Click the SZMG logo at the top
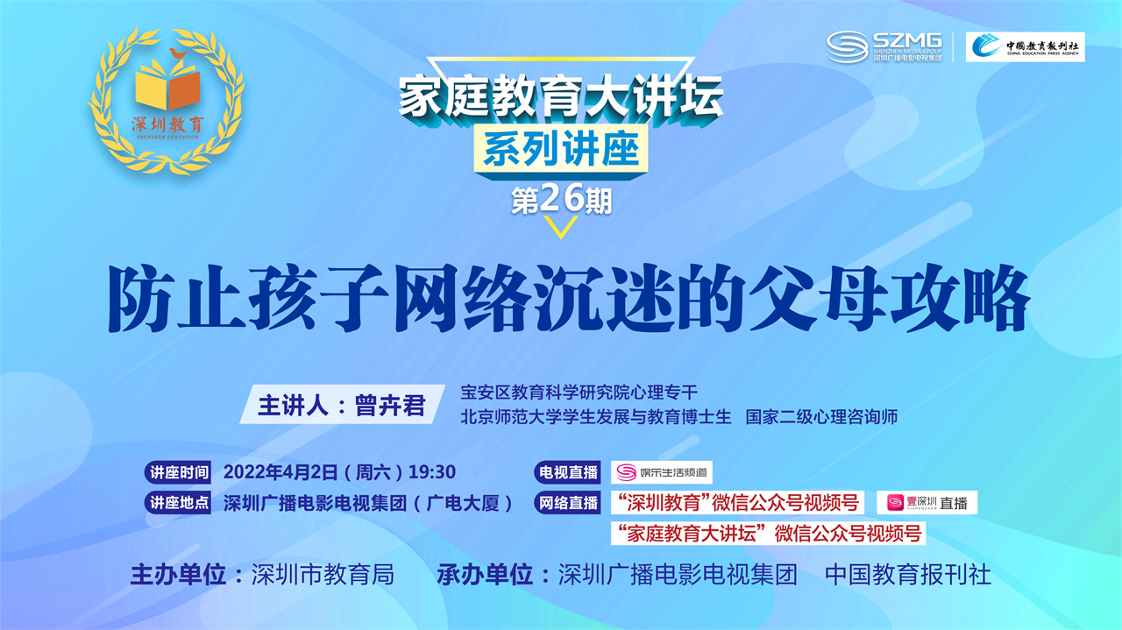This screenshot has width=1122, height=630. pyautogui.click(x=884, y=47)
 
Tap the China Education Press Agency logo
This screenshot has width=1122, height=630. pyautogui.click(x=1025, y=47)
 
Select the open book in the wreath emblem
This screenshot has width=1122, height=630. pyautogui.click(x=167, y=85)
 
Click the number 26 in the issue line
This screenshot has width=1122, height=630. pyautogui.click(x=562, y=198)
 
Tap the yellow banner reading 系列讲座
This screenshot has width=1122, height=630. pyautogui.click(x=562, y=150)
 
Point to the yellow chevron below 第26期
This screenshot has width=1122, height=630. pyautogui.click(x=561, y=227)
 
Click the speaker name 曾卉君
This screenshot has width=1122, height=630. pyautogui.click(x=390, y=405)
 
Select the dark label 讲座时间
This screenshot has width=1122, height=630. pyautogui.click(x=178, y=472)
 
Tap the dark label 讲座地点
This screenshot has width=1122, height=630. pyautogui.click(x=178, y=502)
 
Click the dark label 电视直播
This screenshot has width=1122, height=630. pyautogui.click(x=567, y=472)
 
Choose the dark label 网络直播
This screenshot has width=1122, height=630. pyautogui.click(x=567, y=502)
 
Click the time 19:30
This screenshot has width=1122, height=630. pyautogui.click(x=432, y=472)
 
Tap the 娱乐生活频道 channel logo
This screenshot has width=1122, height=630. pyautogui.click(x=662, y=472)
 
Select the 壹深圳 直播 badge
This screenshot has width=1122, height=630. pyautogui.click(x=927, y=502)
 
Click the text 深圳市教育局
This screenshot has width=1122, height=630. pyautogui.click(x=323, y=575)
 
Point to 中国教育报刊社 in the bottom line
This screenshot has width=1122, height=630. pyautogui.click(x=908, y=575)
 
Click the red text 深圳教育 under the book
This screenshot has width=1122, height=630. pyautogui.click(x=167, y=124)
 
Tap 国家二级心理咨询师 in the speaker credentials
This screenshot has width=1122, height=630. pyautogui.click(x=821, y=417)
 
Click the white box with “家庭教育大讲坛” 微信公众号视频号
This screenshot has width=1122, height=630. pyautogui.click(x=769, y=534)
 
